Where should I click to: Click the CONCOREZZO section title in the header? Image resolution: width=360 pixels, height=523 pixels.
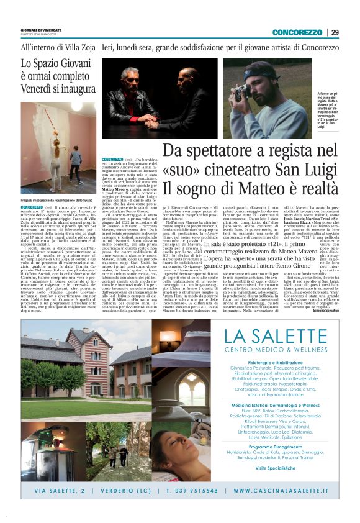(x=297, y=32)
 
